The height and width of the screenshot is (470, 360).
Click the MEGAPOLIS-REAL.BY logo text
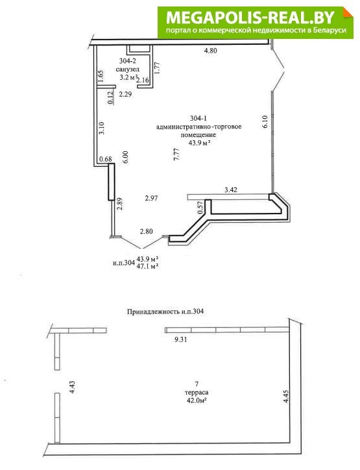pos(250,18)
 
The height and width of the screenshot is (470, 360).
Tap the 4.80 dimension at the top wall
pos(210,51)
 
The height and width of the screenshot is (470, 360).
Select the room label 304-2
pos(128,61)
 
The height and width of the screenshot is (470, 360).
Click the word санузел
pos(128,69)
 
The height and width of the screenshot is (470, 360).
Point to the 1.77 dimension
pos(157,68)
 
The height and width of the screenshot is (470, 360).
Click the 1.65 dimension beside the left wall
pos(101,76)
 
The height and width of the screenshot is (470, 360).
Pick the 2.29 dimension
pos(125,94)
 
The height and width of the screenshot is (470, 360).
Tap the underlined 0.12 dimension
pos(110,98)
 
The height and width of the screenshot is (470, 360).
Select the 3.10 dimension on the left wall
pos(102,128)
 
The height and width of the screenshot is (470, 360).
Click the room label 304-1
pos(198,117)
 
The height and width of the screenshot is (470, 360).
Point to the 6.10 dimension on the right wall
pos(264,122)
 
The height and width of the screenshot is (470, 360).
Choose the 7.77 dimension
pos(176,155)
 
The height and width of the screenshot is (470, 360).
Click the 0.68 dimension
pos(106,159)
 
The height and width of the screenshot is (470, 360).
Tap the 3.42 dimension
pos(231,190)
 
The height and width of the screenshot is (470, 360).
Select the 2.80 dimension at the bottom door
pos(147,231)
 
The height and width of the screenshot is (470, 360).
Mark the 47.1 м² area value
pos(147,266)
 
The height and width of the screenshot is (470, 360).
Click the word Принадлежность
pos(153,312)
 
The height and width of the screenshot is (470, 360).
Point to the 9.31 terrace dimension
pos(180,340)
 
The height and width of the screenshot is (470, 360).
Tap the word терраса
pos(197,392)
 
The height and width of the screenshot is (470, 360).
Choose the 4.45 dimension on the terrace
pos(286,396)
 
